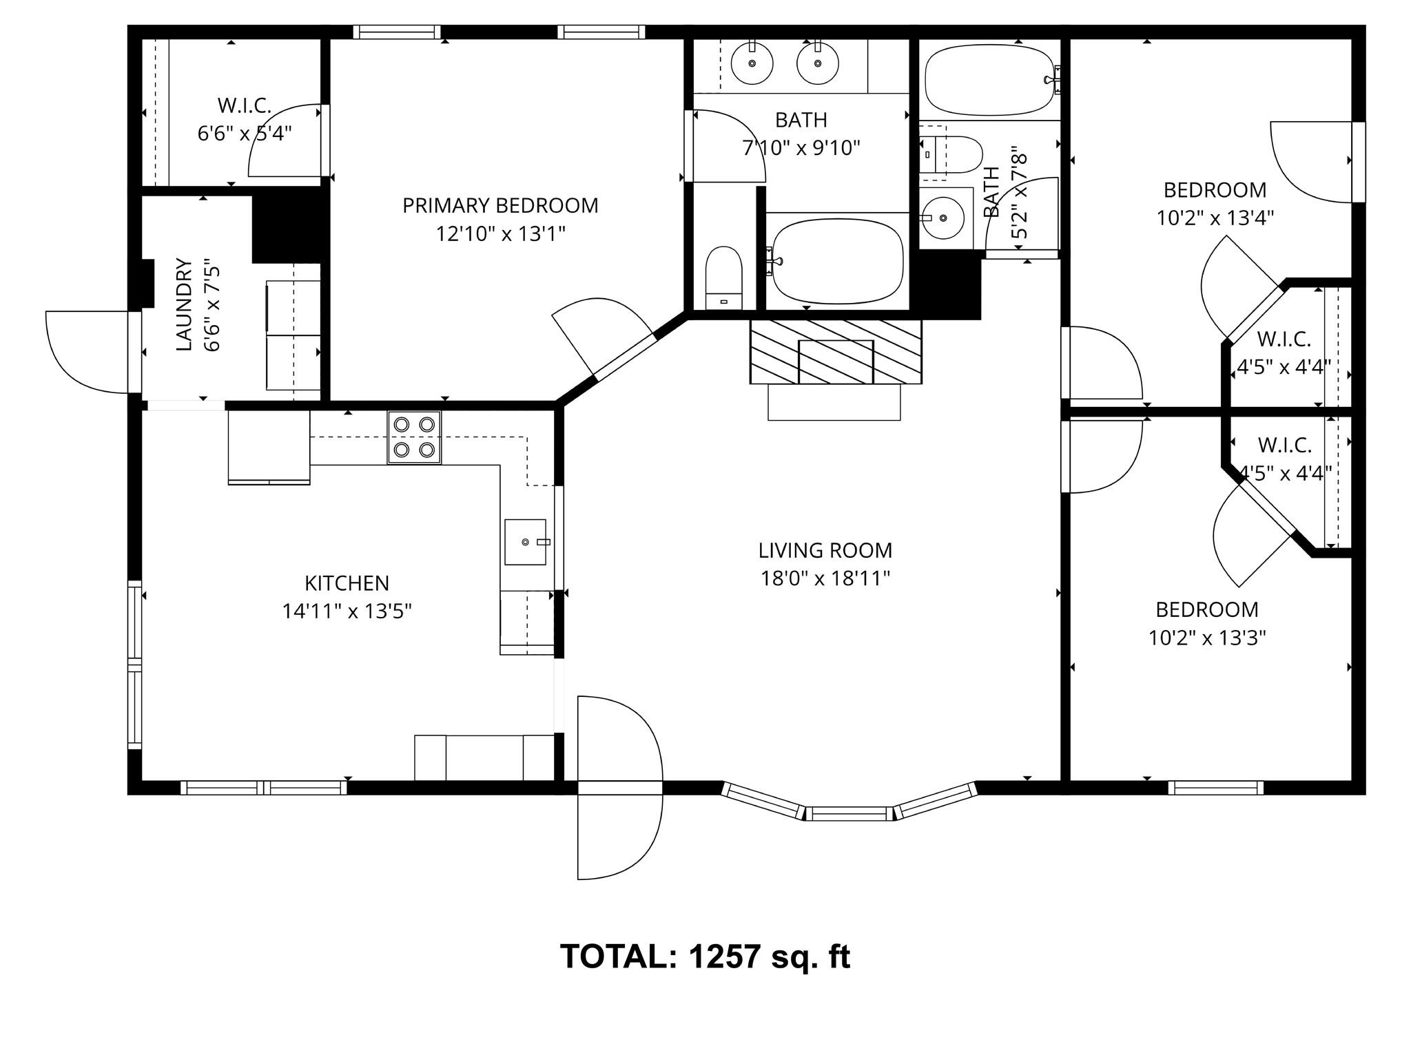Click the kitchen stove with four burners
click(414, 437)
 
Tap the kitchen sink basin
click(526, 542)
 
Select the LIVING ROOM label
click(825, 550)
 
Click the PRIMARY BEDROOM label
click(500, 205)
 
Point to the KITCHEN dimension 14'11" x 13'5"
click(347, 611)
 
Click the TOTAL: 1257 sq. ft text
click(705, 956)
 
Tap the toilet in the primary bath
click(723, 278)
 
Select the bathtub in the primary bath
click(836, 261)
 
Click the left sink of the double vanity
click(752, 63)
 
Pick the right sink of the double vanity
click(818, 63)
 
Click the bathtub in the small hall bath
click(991, 80)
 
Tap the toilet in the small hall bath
click(951, 155)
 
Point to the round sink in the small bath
click(943, 218)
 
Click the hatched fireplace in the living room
click(836, 351)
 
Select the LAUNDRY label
click(183, 304)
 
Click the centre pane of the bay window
click(849, 813)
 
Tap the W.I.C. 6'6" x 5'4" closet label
click(245, 119)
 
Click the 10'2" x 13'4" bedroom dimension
click(1215, 218)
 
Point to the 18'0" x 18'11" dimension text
click(825, 578)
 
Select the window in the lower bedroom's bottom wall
click(1216, 787)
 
